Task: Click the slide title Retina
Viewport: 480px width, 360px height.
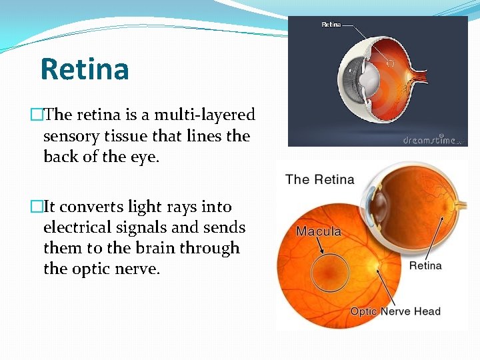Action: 85,69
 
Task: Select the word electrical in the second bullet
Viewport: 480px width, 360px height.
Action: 85,227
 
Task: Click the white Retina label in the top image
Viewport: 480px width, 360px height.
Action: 331,25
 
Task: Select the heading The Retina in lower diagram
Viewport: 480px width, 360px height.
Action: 320,179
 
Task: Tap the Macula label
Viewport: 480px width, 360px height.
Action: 319,232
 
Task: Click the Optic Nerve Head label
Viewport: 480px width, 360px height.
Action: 395,311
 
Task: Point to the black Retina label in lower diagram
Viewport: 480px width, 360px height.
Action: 425,265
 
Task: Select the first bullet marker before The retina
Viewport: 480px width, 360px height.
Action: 35,115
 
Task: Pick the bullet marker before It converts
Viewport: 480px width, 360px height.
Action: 35,207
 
